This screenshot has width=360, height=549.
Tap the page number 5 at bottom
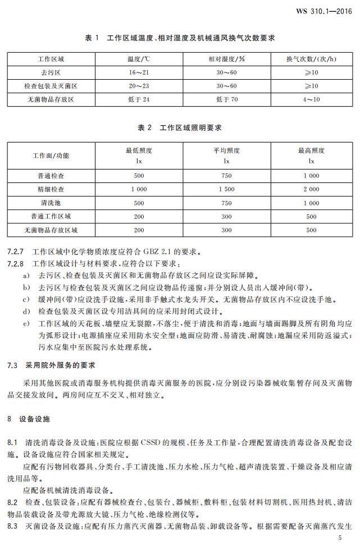click(x=340, y=538)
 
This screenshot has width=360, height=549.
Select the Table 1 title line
click(x=180, y=38)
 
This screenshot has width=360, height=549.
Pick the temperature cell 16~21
click(x=139, y=72)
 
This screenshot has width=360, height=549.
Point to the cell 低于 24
click(x=139, y=99)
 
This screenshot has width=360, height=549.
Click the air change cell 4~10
click(x=311, y=99)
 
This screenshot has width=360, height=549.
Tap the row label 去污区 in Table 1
click(x=51, y=72)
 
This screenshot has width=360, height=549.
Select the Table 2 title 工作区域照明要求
click(x=180, y=128)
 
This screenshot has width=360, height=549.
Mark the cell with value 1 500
click(x=226, y=189)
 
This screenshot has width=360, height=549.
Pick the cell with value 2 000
click(x=311, y=189)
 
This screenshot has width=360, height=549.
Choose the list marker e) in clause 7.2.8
click(x=26, y=323)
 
